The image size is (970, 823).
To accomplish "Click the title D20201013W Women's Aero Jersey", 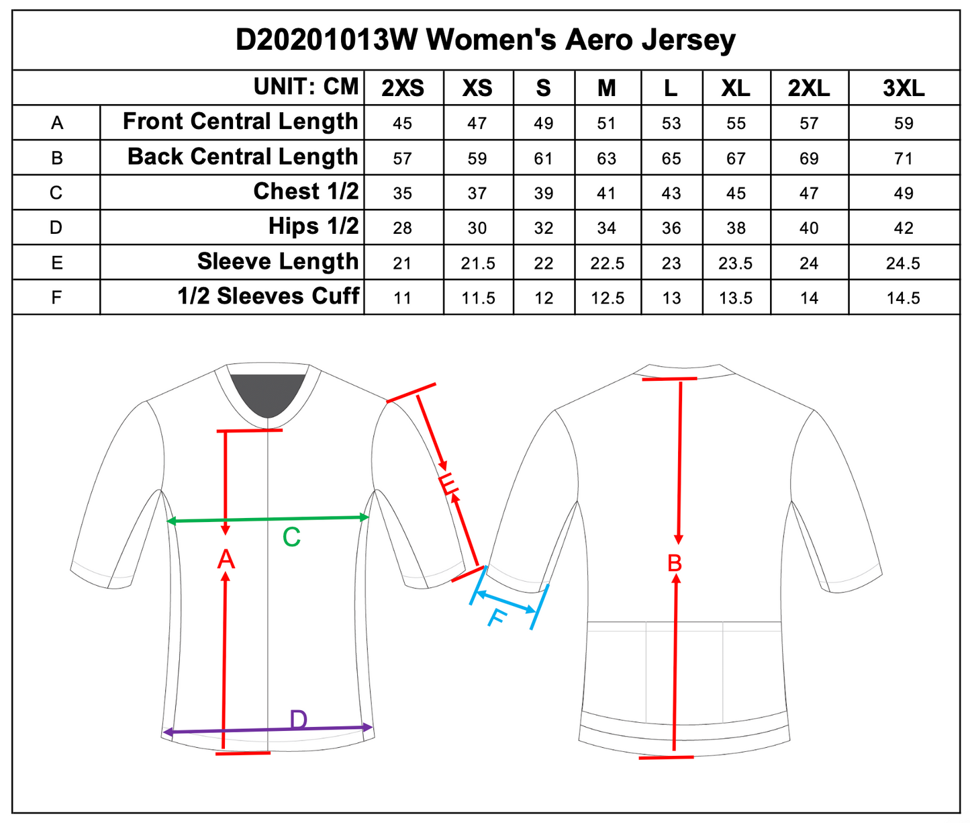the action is pyautogui.click(x=485, y=40).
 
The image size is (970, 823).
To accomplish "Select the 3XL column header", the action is pyautogui.click(x=904, y=88).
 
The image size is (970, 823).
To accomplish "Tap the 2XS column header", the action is pyautogui.click(x=403, y=88).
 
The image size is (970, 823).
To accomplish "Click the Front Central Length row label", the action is pyautogui.click(x=240, y=122).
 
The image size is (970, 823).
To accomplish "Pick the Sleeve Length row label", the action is pyautogui.click(x=278, y=261).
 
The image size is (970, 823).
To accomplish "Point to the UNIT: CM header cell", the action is pyautogui.click(x=306, y=87).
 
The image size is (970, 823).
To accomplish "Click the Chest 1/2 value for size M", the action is pyautogui.click(x=606, y=193).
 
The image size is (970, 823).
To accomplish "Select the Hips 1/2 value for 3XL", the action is pyautogui.click(x=904, y=228).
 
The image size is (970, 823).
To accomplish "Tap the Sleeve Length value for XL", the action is pyautogui.click(x=736, y=263).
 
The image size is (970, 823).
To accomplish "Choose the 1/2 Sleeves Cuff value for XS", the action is pyautogui.click(x=477, y=298).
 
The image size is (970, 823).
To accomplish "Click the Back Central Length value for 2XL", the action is pyautogui.click(x=809, y=159).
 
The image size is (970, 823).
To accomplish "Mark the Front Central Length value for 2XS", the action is pyautogui.click(x=403, y=124).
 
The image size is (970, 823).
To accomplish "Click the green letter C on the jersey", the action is pyautogui.click(x=291, y=537).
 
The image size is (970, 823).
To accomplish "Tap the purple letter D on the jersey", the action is pyautogui.click(x=299, y=720).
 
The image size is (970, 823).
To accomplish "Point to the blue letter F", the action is pyautogui.click(x=496, y=617).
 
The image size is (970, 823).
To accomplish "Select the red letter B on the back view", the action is pyautogui.click(x=675, y=563).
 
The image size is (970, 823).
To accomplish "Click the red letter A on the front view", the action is pyautogui.click(x=226, y=559).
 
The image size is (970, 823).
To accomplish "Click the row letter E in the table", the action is pyautogui.click(x=56, y=262).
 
